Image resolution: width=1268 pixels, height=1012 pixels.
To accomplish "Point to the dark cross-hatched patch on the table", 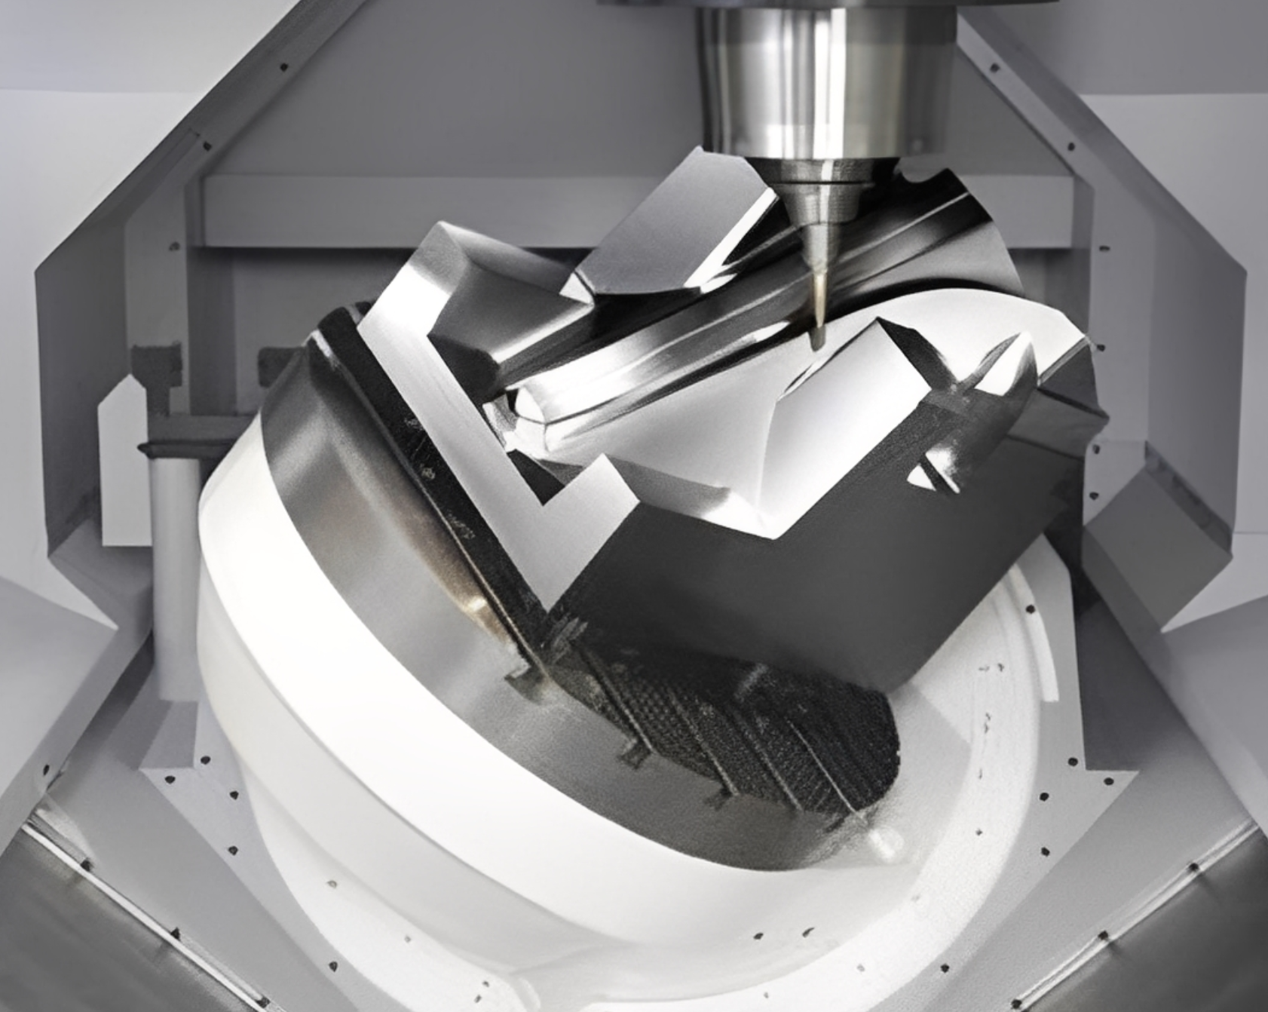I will pos(761,724).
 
